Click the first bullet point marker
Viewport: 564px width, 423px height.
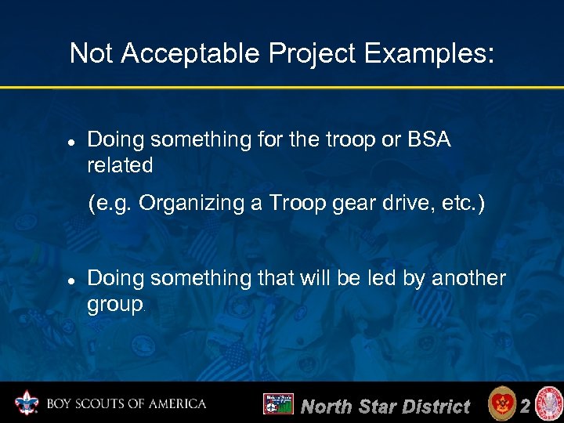click(x=70, y=142)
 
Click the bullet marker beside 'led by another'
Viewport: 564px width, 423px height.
click(x=70, y=280)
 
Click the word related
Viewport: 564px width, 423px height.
click(x=120, y=165)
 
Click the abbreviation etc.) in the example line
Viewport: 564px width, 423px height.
click(x=463, y=204)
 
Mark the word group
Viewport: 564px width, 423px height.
click(x=114, y=305)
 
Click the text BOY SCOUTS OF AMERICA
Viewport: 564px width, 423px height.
click(x=126, y=404)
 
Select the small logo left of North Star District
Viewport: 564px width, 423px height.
click(x=278, y=404)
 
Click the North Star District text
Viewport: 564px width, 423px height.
click(x=385, y=406)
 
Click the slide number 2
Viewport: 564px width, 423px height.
click(x=526, y=405)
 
